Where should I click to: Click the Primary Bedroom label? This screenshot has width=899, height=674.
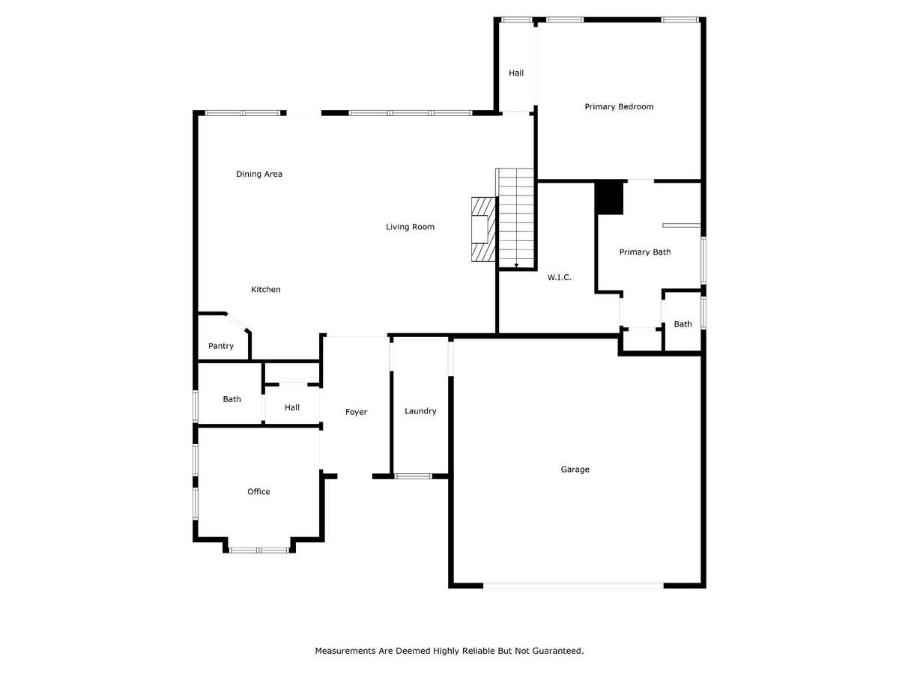[619, 107]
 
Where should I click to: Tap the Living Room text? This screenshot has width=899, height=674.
[410, 227]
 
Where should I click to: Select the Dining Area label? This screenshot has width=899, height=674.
[259, 174]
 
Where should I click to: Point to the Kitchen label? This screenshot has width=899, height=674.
[266, 289]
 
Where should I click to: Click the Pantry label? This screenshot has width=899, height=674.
[221, 346]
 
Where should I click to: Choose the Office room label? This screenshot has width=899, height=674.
[258, 491]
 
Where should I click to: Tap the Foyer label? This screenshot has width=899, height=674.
[356, 412]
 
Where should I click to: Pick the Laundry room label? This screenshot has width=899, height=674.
[420, 411]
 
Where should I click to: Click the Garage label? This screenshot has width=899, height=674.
[575, 470]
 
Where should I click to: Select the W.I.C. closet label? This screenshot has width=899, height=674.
[559, 277]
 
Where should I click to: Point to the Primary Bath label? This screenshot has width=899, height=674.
[645, 252]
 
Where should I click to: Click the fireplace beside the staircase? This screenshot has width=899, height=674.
[484, 230]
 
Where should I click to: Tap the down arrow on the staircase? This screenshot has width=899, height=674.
[516, 265]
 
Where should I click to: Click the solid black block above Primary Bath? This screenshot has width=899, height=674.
[609, 198]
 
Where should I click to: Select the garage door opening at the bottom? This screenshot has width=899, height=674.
[573, 586]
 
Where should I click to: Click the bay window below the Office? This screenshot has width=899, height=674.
[259, 550]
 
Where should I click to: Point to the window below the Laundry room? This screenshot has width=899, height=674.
[413, 476]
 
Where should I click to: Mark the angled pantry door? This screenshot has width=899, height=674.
[237, 322]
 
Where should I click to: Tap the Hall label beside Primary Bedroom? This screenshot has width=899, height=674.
[516, 73]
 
